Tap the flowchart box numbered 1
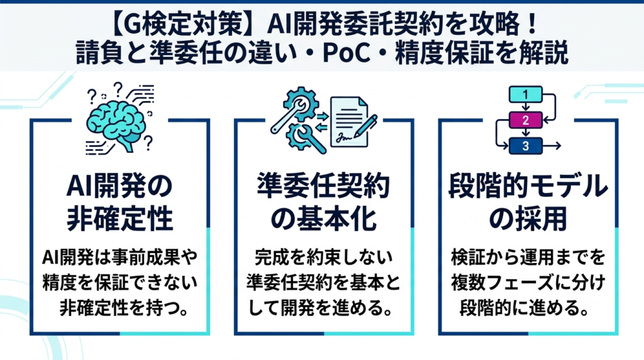[525, 94]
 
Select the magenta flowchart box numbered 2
[525, 120]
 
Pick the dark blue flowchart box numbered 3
[525, 146]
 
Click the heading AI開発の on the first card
[119, 186]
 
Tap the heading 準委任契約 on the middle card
[323, 186]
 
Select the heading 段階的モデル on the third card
[528, 186]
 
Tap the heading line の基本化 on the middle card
[324, 219]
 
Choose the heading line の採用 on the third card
[528, 219]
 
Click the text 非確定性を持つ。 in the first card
[125, 308]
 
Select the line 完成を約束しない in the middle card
[324, 257]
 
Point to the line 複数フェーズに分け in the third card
[528, 283]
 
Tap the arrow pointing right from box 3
[552, 146]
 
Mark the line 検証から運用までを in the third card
[528, 257]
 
